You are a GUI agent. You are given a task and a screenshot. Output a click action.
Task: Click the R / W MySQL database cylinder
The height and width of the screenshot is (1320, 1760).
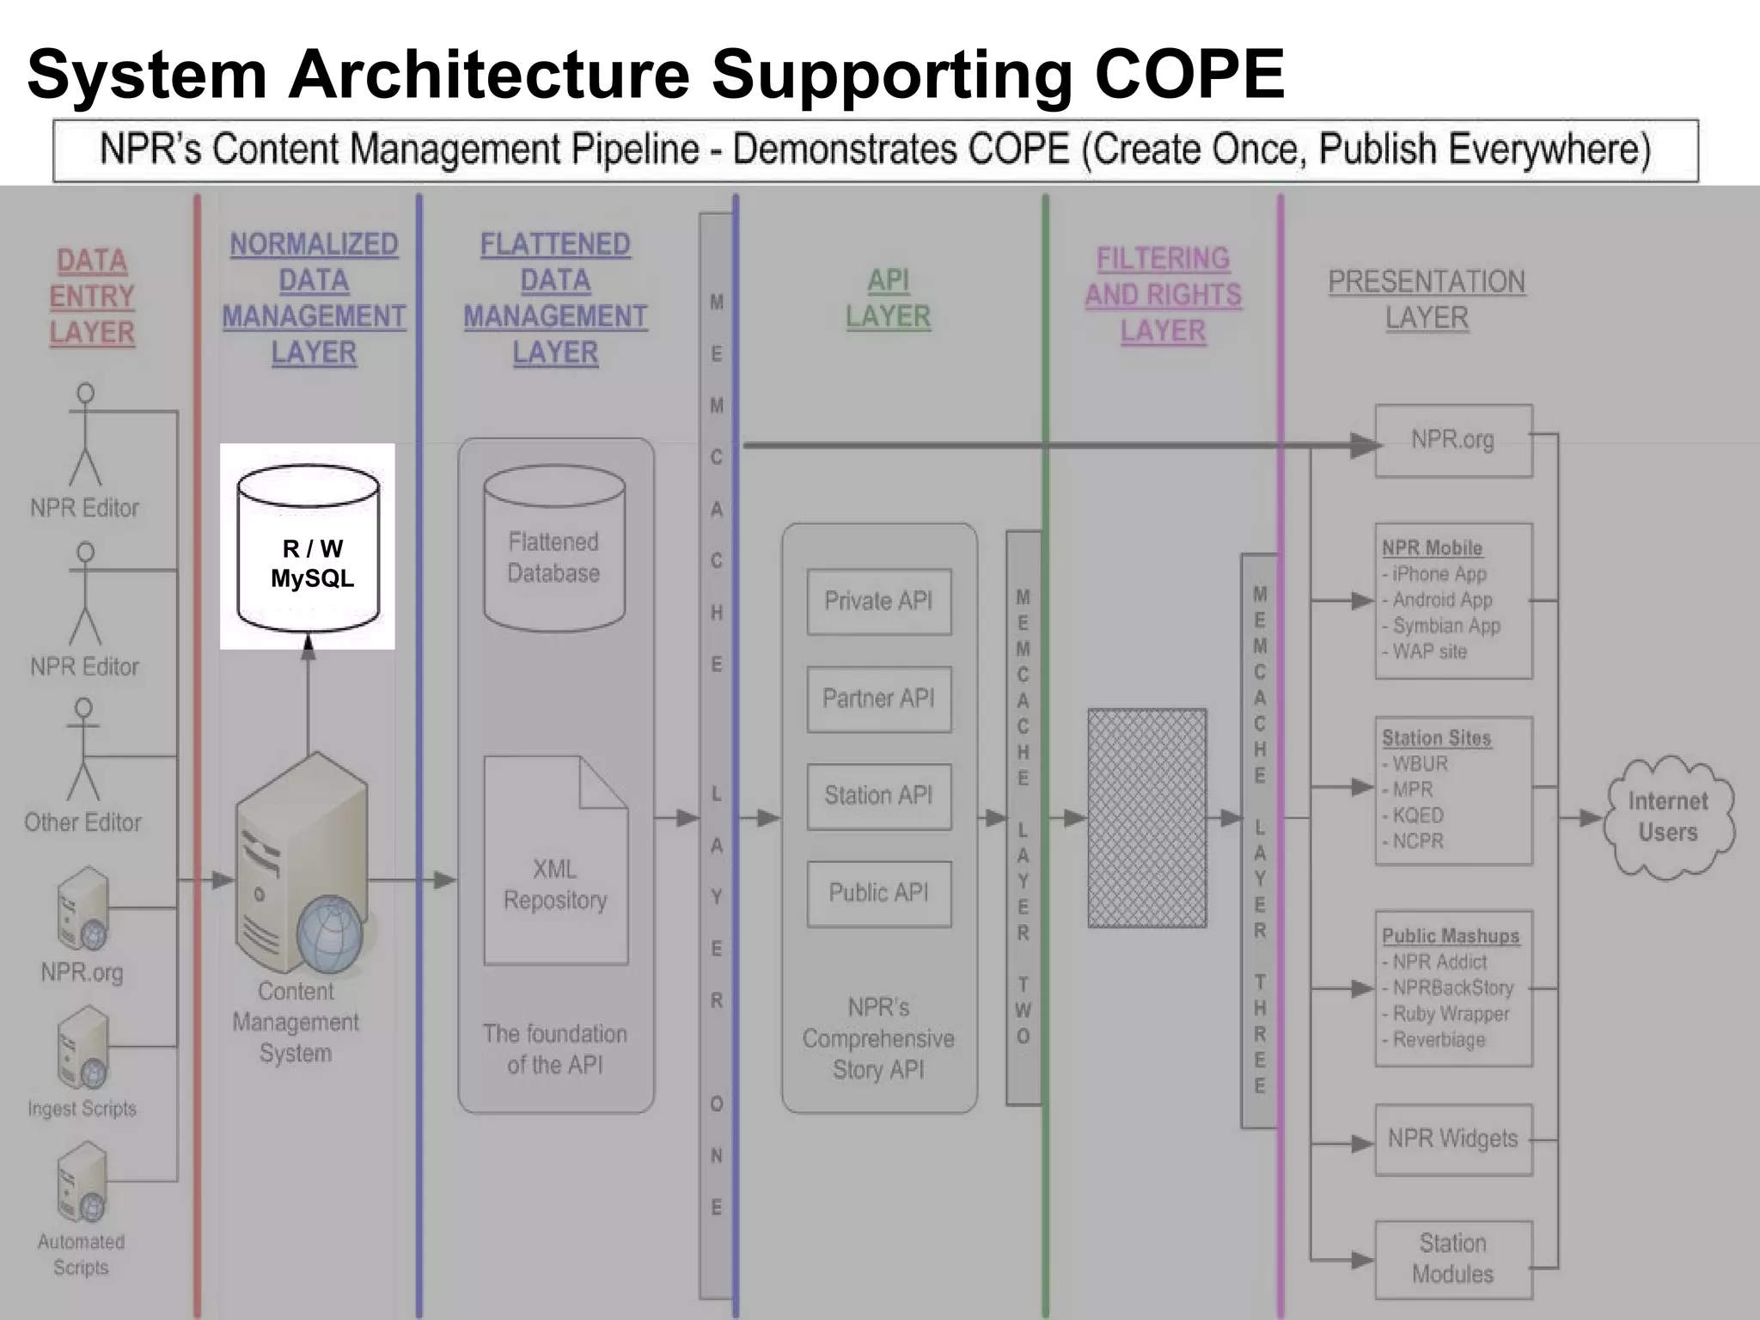(309, 550)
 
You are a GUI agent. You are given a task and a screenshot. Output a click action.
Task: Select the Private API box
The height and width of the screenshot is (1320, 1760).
(878, 602)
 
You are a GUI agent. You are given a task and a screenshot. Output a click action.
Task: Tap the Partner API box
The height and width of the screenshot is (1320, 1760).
(878, 699)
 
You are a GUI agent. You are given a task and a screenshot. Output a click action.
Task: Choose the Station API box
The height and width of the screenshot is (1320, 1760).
(878, 796)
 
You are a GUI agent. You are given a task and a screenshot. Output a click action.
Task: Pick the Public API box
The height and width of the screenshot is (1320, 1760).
(878, 893)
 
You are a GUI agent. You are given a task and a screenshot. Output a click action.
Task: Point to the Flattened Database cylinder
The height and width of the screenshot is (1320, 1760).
(554, 550)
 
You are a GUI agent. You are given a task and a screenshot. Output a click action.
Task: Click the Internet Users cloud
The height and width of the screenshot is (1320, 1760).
(1668, 817)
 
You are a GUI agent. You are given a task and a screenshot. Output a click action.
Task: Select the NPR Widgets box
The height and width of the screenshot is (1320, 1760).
(1453, 1140)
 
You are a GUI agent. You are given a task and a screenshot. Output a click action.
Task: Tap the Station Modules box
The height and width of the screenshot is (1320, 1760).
(1453, 1259)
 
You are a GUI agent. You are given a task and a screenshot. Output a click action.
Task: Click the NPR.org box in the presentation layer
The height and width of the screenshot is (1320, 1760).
(1453, 441)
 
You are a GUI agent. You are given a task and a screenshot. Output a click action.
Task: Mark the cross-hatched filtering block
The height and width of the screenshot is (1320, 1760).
(1147, 818)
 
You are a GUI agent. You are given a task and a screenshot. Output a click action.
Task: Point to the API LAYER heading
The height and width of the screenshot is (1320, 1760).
(888, 298)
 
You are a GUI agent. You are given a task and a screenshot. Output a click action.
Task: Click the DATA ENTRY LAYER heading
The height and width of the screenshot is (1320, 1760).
(92, 296)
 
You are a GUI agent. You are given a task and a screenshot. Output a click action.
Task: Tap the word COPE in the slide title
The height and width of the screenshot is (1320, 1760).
(1189, 75)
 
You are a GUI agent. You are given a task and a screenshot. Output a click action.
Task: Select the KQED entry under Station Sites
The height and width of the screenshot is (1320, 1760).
(1417, 815)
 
